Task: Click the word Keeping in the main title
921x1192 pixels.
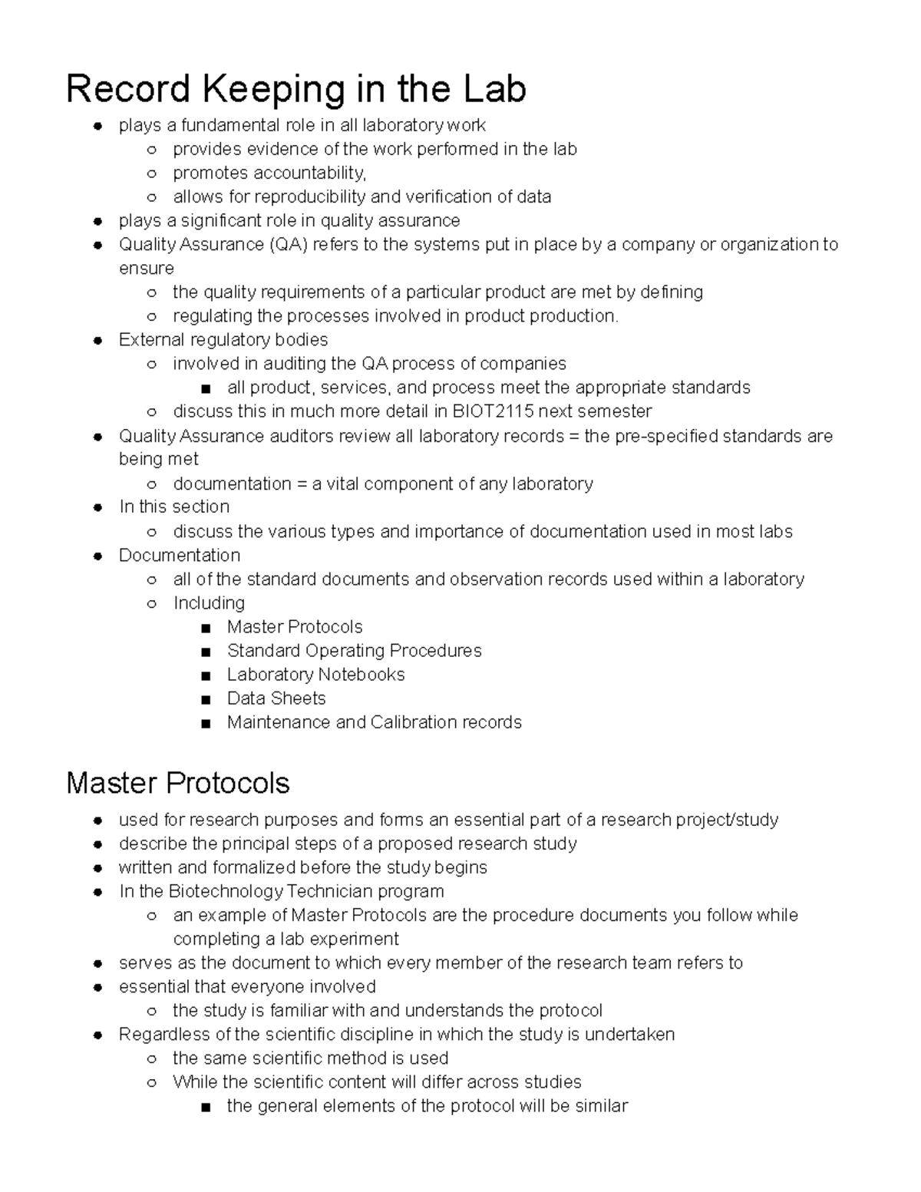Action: (x=272, y=89)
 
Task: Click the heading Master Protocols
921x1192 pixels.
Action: (x=178, y=783)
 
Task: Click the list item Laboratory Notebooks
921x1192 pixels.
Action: (x=315, y=674)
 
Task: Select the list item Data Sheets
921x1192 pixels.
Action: (x=276, y=698)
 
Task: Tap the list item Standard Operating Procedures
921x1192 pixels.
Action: (x=354, y=650)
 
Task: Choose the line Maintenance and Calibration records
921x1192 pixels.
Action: (x=374, y=721)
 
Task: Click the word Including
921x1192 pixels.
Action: (x=209, y=603)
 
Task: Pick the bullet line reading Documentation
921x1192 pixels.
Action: (x=180, y=555)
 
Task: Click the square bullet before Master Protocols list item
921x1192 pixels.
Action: (x=205, y=628)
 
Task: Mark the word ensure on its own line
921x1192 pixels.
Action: (x=147, y=268)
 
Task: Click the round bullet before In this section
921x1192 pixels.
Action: (x=97, y=507)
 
